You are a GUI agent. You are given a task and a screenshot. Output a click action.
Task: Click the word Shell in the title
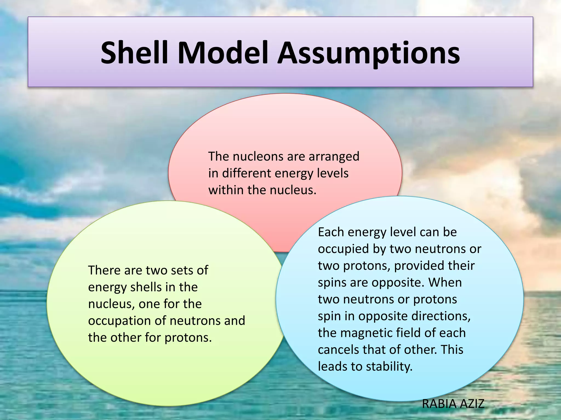[x=134, y=52]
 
